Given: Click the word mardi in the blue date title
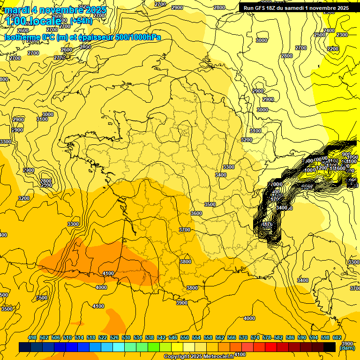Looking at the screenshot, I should coord(17,10).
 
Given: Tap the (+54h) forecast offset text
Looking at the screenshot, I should coord(81,21).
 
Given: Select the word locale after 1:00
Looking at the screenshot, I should coord(46,21).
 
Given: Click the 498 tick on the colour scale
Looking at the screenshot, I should coord(32,337).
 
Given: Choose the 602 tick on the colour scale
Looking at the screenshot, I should coord(337,337).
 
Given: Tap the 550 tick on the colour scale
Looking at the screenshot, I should coord(185,337).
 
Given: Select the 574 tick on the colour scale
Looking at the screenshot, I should coord(255,337).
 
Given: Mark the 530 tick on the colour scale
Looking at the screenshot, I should coord(126,337).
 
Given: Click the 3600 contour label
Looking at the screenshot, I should coord(196,213).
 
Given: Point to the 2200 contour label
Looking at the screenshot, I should coord(333,49).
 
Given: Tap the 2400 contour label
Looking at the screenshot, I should coord(329,30).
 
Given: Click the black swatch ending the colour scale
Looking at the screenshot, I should coord(330,347).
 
